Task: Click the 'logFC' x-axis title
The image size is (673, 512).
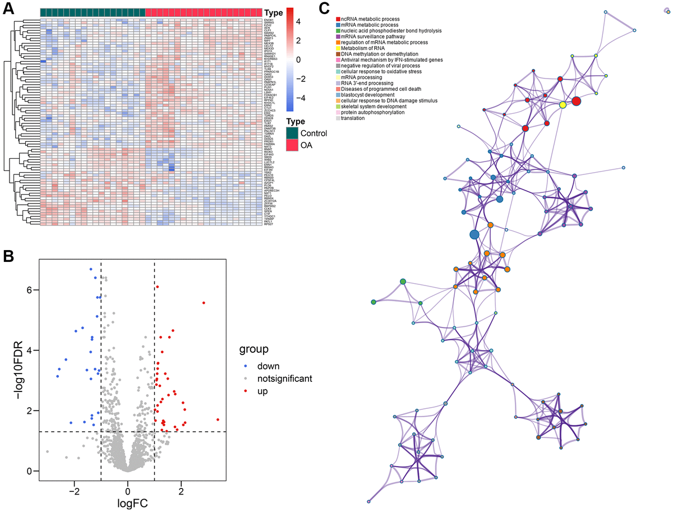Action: click(x=133, y=503)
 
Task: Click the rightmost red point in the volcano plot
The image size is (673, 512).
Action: click(x=218, y=419)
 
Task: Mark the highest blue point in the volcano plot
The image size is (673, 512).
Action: click(x=91, y=270)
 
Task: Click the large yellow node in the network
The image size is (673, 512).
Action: click(x=563, y=105)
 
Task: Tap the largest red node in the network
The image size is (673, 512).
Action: click(x=576, y=101)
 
